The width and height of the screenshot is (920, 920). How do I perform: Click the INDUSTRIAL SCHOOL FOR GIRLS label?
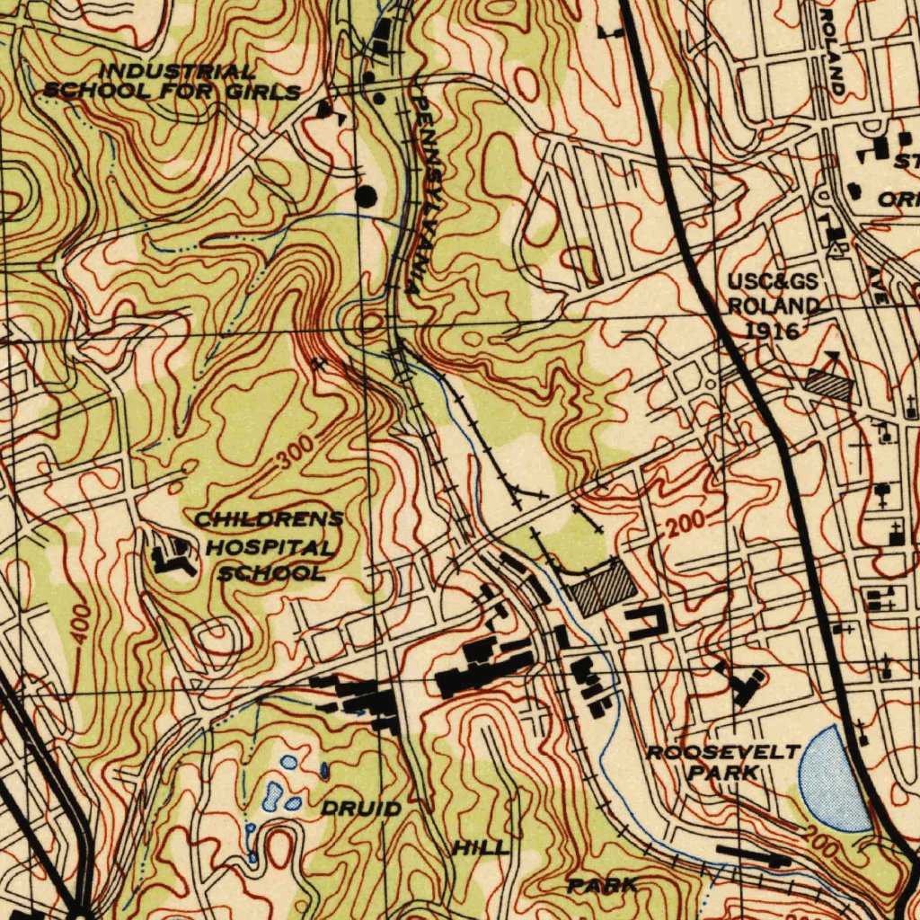172,81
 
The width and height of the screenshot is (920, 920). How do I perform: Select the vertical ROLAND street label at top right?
833,49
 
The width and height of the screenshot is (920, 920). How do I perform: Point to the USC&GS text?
772,285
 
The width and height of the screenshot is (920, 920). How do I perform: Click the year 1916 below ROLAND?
773,330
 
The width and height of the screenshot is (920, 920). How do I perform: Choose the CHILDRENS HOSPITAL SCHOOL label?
268,546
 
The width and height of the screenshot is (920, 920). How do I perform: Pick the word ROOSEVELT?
723,752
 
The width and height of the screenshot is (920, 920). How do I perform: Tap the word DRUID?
361,809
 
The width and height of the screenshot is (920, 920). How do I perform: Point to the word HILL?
480,848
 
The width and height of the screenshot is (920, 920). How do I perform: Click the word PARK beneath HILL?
602,886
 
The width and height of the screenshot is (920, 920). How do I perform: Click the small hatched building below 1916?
828,385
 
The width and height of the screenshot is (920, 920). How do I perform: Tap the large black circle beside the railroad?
367,196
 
